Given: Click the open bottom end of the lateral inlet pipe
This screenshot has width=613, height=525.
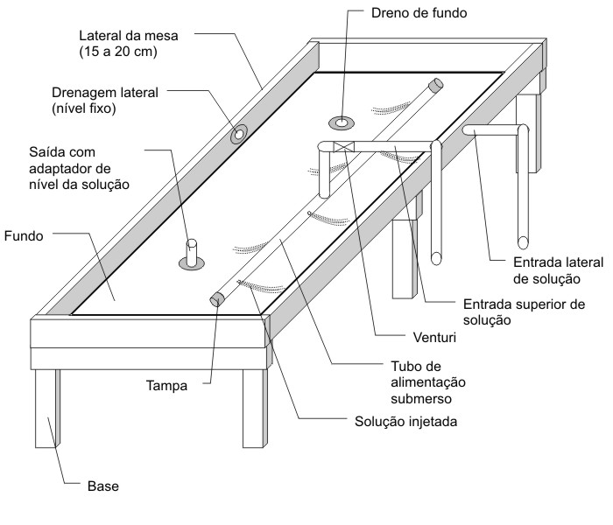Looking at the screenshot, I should [x=523, y=238].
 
